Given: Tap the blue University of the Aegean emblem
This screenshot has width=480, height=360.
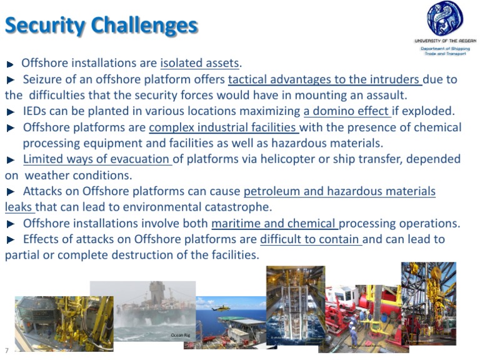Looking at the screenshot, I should pos(446,19).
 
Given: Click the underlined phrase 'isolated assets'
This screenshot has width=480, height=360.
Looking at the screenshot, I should pos(200,63).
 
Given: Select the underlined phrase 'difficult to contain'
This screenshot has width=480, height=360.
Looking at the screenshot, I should pos(311,239).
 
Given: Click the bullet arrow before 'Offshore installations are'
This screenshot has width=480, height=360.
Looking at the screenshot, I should pos(11,64).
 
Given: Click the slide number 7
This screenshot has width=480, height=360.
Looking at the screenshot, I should pos(6,351).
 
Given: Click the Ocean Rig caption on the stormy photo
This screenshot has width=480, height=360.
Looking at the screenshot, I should pos(180,336).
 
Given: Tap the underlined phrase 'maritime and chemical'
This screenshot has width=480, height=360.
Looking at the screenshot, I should pos(275,224).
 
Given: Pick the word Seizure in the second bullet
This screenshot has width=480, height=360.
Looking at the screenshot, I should pos(43,79).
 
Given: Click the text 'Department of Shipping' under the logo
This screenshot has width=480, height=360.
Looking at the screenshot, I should pos(445,48).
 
